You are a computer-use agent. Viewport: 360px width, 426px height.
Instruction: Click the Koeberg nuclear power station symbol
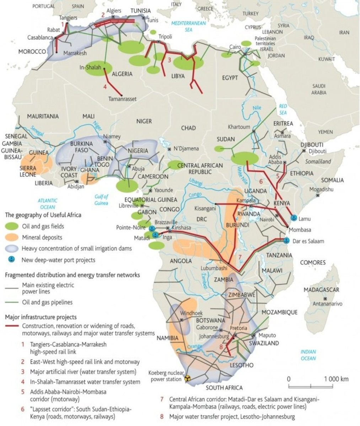[185, 379]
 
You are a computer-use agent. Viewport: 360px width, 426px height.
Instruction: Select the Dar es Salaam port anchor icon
[287, 240]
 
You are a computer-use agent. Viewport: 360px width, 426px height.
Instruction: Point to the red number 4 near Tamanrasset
[105, 86]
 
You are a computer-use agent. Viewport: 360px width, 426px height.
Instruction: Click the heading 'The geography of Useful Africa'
[43, 215]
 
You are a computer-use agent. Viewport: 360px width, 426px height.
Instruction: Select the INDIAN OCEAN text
[308, 355]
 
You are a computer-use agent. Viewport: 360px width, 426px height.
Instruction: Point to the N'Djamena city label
[186, 148]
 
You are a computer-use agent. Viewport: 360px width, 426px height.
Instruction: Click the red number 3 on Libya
[169, 60]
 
